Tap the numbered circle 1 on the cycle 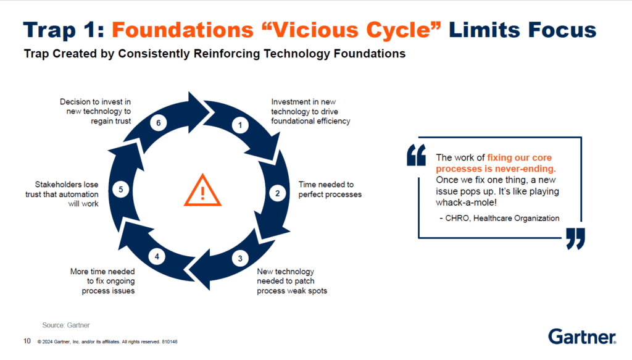[240, 125]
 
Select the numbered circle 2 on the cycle [277, 193]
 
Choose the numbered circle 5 [122, 190]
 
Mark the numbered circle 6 [159, 123]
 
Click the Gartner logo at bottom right [581, 337]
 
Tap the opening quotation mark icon [417, 155]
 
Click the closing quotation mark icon [575, 238]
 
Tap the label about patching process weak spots [291, 281]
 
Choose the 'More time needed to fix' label [102, 281]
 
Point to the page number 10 [27, 341]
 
